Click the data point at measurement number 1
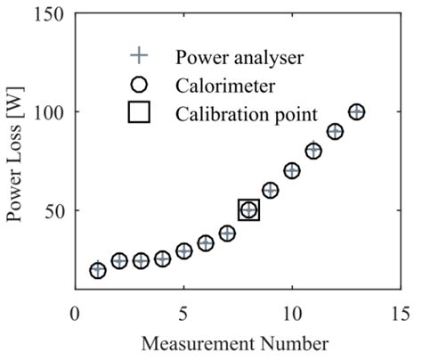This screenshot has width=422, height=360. (x=98, y=270)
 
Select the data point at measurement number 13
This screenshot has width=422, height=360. (x=357, y=112)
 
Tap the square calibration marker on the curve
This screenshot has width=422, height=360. (x=249, y=210)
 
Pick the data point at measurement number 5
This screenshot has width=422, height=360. (x=184, y=250)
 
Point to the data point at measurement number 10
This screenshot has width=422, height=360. (x=292, y=170)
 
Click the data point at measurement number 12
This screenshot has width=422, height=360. (x=336, y=131)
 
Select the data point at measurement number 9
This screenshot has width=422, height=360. (x=271, y=190)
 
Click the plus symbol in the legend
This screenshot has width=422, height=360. (x=139, y=56)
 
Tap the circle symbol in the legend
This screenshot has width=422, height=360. (x=139, y=86)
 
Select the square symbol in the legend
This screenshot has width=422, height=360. (x=139, y=114)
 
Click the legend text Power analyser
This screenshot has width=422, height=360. (x=240, y=57)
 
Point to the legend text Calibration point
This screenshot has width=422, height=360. (x=245, y=115)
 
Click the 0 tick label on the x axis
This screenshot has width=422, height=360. (x=77, y=314)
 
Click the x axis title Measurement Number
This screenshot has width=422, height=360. (x=239, y=342)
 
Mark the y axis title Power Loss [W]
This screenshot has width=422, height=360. (x=18, y=151)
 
